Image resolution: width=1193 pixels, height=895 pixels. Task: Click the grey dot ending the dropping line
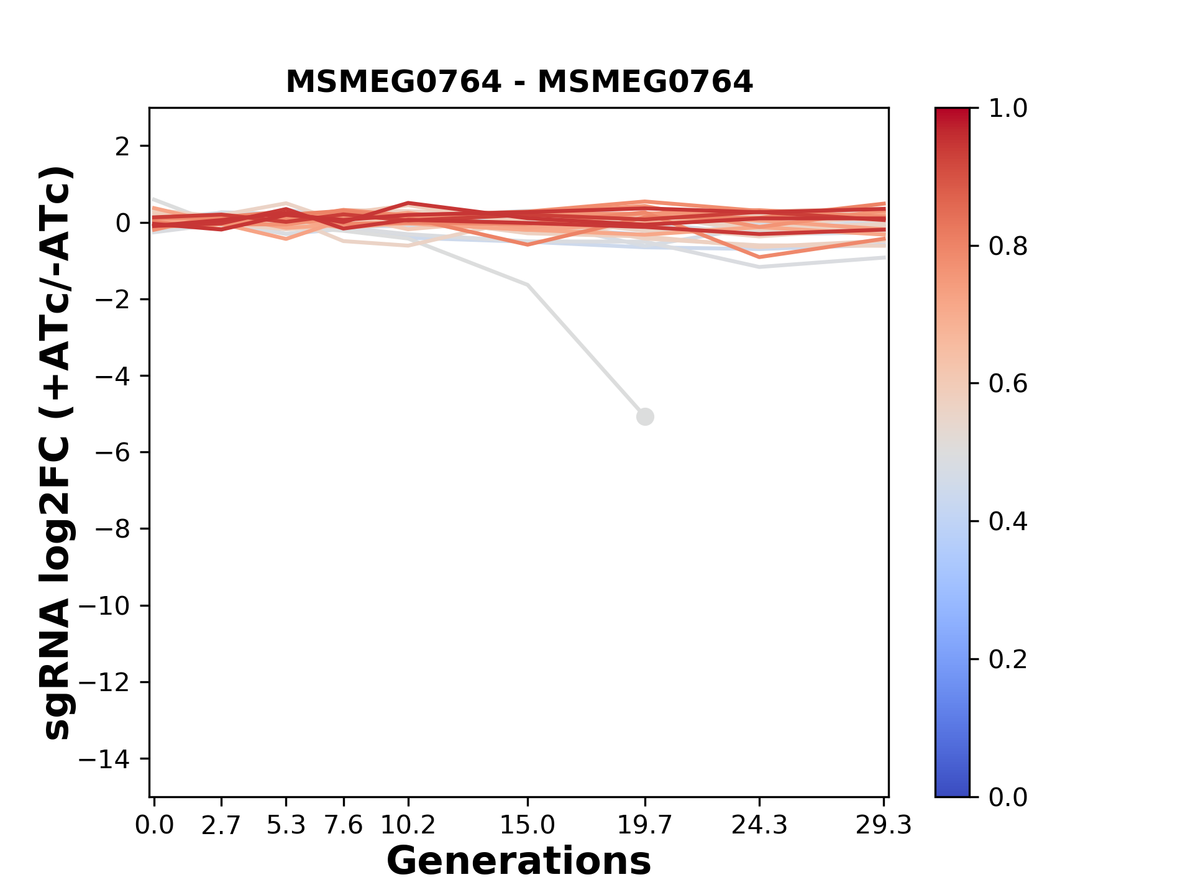pyautogui.click(x=645, y=416)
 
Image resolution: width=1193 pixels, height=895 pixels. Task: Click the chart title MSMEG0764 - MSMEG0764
pyautogui.click(x=519, y=82)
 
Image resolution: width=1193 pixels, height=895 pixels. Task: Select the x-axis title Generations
pyautogui.click(x=519, y=861)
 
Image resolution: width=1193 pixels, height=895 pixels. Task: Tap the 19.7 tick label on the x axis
pyautogui.click(x=645, y=825)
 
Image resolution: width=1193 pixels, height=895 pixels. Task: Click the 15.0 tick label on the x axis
pyautogui.click(x=528, y=825)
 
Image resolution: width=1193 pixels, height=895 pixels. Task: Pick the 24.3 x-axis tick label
pyautogui.click(x=759, y=825)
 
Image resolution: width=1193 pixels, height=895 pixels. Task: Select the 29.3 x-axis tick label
pyautogui.click(x=884, y=825)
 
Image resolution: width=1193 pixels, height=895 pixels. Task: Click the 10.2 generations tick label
pyautogui.click(x=408, y=825)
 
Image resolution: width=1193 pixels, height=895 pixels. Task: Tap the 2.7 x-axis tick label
pyautogui.click(x=221, y=825)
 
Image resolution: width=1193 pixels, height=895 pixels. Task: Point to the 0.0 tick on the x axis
pyautogui.click(x=154, y=825)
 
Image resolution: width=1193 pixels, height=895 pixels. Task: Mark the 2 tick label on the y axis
pyautogui.click(x=122, y=147)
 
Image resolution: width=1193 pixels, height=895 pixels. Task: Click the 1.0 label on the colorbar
pyautogui.click(x=1008, y=109)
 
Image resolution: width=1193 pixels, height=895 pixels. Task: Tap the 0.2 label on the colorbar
pyautogui.click(x=1008, y=659)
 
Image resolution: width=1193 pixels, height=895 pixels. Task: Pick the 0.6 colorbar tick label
pyautogui.click(x=1008, y=384)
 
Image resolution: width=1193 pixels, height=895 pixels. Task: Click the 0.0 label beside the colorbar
pyautogui.click(x=1008, y=797)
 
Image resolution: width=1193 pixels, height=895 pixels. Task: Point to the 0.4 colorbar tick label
pyautogui.click(x=1008, y=521)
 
